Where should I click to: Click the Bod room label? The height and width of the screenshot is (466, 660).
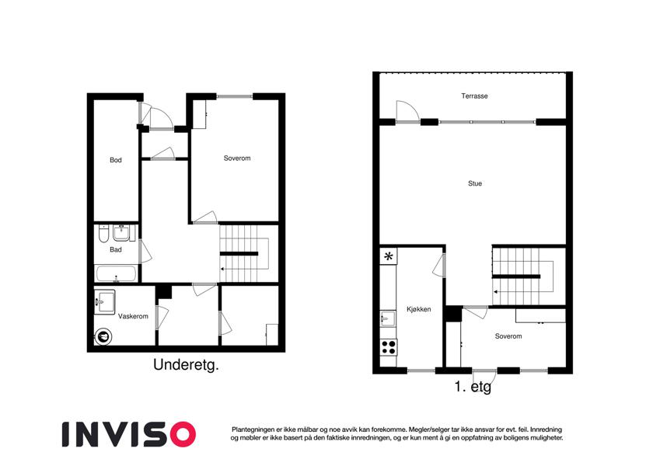(116, 160)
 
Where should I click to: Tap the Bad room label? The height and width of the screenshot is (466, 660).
(116, 249)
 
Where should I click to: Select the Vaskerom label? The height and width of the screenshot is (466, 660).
(133, 316)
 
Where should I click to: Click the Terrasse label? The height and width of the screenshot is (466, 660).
(474, 96)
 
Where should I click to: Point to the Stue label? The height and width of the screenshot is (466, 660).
(475, 183)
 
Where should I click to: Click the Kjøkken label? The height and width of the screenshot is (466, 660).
(419, 309)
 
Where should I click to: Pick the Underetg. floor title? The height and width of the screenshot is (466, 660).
(186, 364)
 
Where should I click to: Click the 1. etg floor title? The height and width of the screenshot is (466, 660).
(473, 387)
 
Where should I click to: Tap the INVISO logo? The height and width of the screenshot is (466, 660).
(129, 434)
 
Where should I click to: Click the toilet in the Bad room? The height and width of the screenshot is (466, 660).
(103, 235)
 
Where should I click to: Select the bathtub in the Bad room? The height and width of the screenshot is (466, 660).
(116, 273)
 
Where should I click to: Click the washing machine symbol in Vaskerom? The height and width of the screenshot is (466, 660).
(103, 336)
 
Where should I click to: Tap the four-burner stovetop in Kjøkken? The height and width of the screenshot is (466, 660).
(389, 347)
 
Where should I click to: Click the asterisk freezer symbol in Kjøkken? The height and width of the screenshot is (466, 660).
(389, 256)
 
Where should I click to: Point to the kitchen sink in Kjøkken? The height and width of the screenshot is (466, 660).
(388, 318)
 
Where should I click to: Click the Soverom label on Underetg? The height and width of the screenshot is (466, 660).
(237, 158)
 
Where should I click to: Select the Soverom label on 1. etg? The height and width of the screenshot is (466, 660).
(508, 336)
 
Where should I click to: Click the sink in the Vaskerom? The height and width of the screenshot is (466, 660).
(104, 302)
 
